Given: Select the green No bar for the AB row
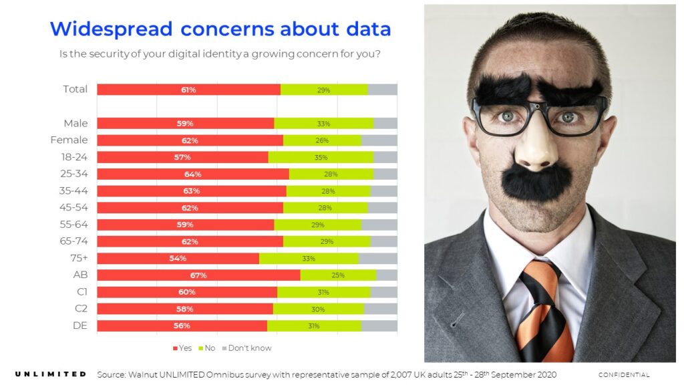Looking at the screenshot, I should click(338, 275).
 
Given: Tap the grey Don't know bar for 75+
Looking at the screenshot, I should click(378, 258).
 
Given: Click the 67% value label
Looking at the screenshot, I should click(198, 275).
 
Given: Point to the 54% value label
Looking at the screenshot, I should click(178, 258).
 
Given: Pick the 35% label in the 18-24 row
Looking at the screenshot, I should click(321, 157).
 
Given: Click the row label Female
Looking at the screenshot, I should click(69, 140).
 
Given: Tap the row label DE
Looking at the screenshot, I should click(79, 326).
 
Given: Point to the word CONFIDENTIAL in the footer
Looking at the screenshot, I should click(623, 375).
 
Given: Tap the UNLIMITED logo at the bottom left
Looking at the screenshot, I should click(50, 374).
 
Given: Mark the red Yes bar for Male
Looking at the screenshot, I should click(185, 123).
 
